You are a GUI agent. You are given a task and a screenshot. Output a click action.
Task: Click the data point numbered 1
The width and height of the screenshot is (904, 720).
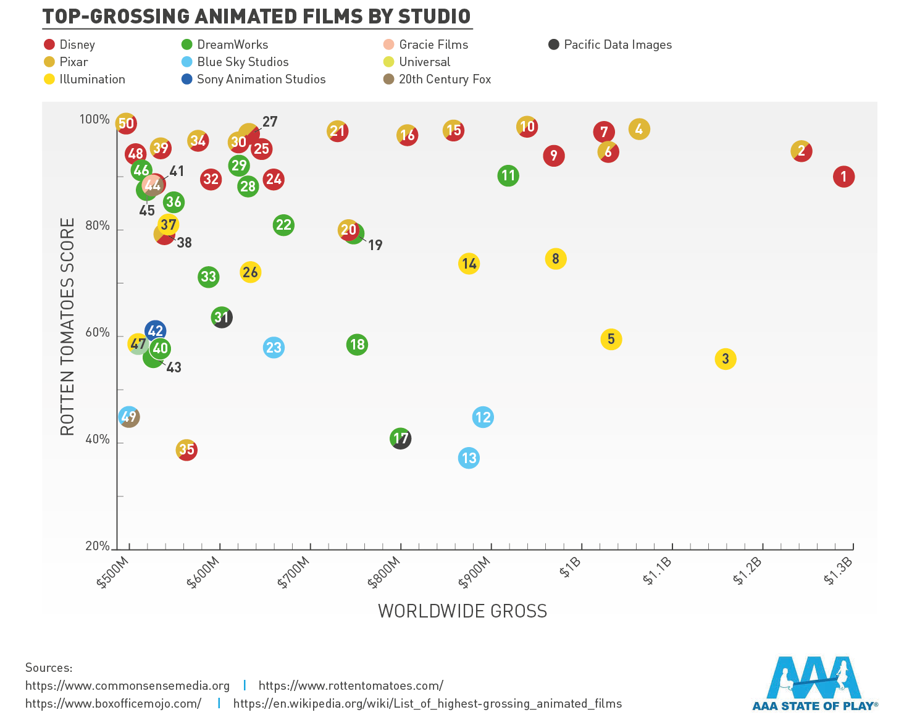(x=843, y=177)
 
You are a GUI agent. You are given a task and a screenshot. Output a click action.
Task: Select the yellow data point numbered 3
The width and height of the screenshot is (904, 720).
(x=726, y=359)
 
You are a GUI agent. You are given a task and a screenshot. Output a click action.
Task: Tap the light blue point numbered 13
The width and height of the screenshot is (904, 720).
(x=469, y=458)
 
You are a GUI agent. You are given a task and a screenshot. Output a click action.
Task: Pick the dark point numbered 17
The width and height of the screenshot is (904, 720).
(x=401, y=438)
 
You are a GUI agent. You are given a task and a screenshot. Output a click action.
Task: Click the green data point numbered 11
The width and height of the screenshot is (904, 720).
(x=508, y=176)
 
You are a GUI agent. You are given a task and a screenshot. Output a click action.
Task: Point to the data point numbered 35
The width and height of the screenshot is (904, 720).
(x=186, y=450)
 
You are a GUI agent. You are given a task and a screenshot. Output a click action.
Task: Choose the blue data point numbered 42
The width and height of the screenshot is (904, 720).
(x=155, y=331)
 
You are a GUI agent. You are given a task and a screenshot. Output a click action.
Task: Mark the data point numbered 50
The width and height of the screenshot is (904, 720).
(x=126, y=123)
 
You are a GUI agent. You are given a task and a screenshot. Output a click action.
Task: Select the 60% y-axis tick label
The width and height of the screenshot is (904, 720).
(x=98, y=333)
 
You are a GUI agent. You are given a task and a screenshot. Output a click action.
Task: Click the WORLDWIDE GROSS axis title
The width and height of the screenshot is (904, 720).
(x=462, y=611)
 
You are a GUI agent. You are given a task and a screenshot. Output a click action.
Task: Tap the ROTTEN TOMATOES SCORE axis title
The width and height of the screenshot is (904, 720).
(x=67, y=326)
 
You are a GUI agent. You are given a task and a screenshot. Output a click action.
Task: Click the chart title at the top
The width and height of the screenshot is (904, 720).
(x=256, y=16)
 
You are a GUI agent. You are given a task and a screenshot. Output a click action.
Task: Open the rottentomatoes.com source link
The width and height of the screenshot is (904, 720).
(x=351, y=685)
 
